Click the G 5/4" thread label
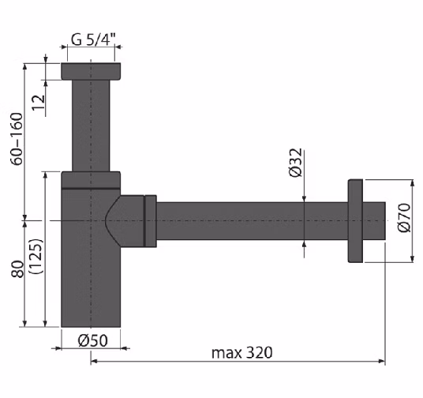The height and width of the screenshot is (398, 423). [93, 39]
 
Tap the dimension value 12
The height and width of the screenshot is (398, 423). [39, 102]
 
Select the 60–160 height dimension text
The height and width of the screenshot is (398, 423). [17, 139]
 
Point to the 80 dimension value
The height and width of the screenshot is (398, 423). [17, 268]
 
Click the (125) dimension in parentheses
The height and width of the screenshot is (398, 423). [36, 257]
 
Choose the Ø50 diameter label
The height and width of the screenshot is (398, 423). [93, 340]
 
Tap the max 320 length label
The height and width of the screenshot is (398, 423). [241, 353]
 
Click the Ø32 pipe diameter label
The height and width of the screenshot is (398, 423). [296, 163]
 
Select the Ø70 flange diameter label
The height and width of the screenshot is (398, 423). [404, 218]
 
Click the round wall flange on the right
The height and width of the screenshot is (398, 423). [355, 220]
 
